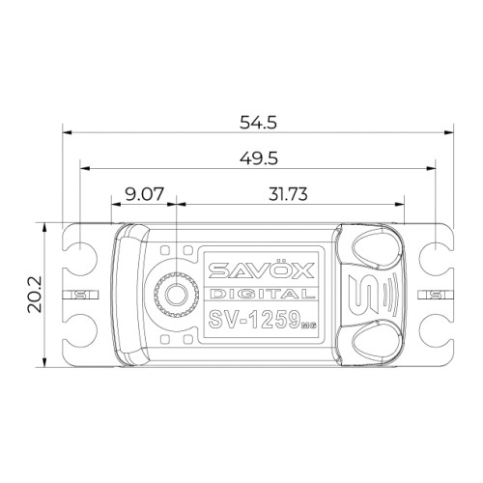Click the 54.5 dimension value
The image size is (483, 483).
click(x=258, y=123)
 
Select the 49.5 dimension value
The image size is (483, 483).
click(x=259, y=158)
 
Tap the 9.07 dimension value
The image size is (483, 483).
click(x=145, y=194)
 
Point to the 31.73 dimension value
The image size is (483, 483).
click(x=288, y=194)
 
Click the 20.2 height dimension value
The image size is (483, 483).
click(x=35, y=295)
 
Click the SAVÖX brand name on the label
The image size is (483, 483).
click(x=261, y=270)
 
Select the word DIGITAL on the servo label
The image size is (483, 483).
click(x=262, y=294)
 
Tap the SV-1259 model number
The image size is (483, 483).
click(x=254, y=320)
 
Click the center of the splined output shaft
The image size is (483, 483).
click(x=176, y=295)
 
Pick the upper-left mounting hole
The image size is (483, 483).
click(x=80, y=250)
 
